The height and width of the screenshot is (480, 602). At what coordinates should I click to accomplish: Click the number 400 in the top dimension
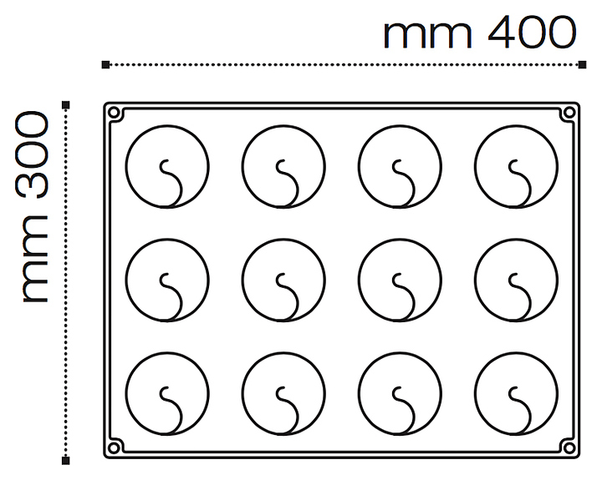532,34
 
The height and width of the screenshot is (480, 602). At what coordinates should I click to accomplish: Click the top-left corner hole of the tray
115,113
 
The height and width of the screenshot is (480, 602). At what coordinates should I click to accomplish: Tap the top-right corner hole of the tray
569,113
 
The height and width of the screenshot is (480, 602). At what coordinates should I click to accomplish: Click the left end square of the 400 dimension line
105,64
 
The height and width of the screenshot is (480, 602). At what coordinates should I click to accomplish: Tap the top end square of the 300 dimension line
66,104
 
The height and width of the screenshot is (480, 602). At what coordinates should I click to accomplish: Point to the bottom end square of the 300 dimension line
66,459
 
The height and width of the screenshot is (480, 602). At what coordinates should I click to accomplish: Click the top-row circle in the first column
166,166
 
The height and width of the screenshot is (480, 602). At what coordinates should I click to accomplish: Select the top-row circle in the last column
516,166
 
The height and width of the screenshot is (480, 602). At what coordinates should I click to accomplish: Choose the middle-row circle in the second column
283,280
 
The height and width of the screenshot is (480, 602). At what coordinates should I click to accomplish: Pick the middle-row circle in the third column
399,280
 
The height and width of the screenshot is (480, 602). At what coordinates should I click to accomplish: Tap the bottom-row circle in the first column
166,393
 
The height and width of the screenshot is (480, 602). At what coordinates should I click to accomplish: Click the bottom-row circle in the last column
516,393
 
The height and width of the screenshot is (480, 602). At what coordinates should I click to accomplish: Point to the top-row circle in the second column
283,166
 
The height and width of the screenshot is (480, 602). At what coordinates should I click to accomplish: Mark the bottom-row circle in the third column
399,393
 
